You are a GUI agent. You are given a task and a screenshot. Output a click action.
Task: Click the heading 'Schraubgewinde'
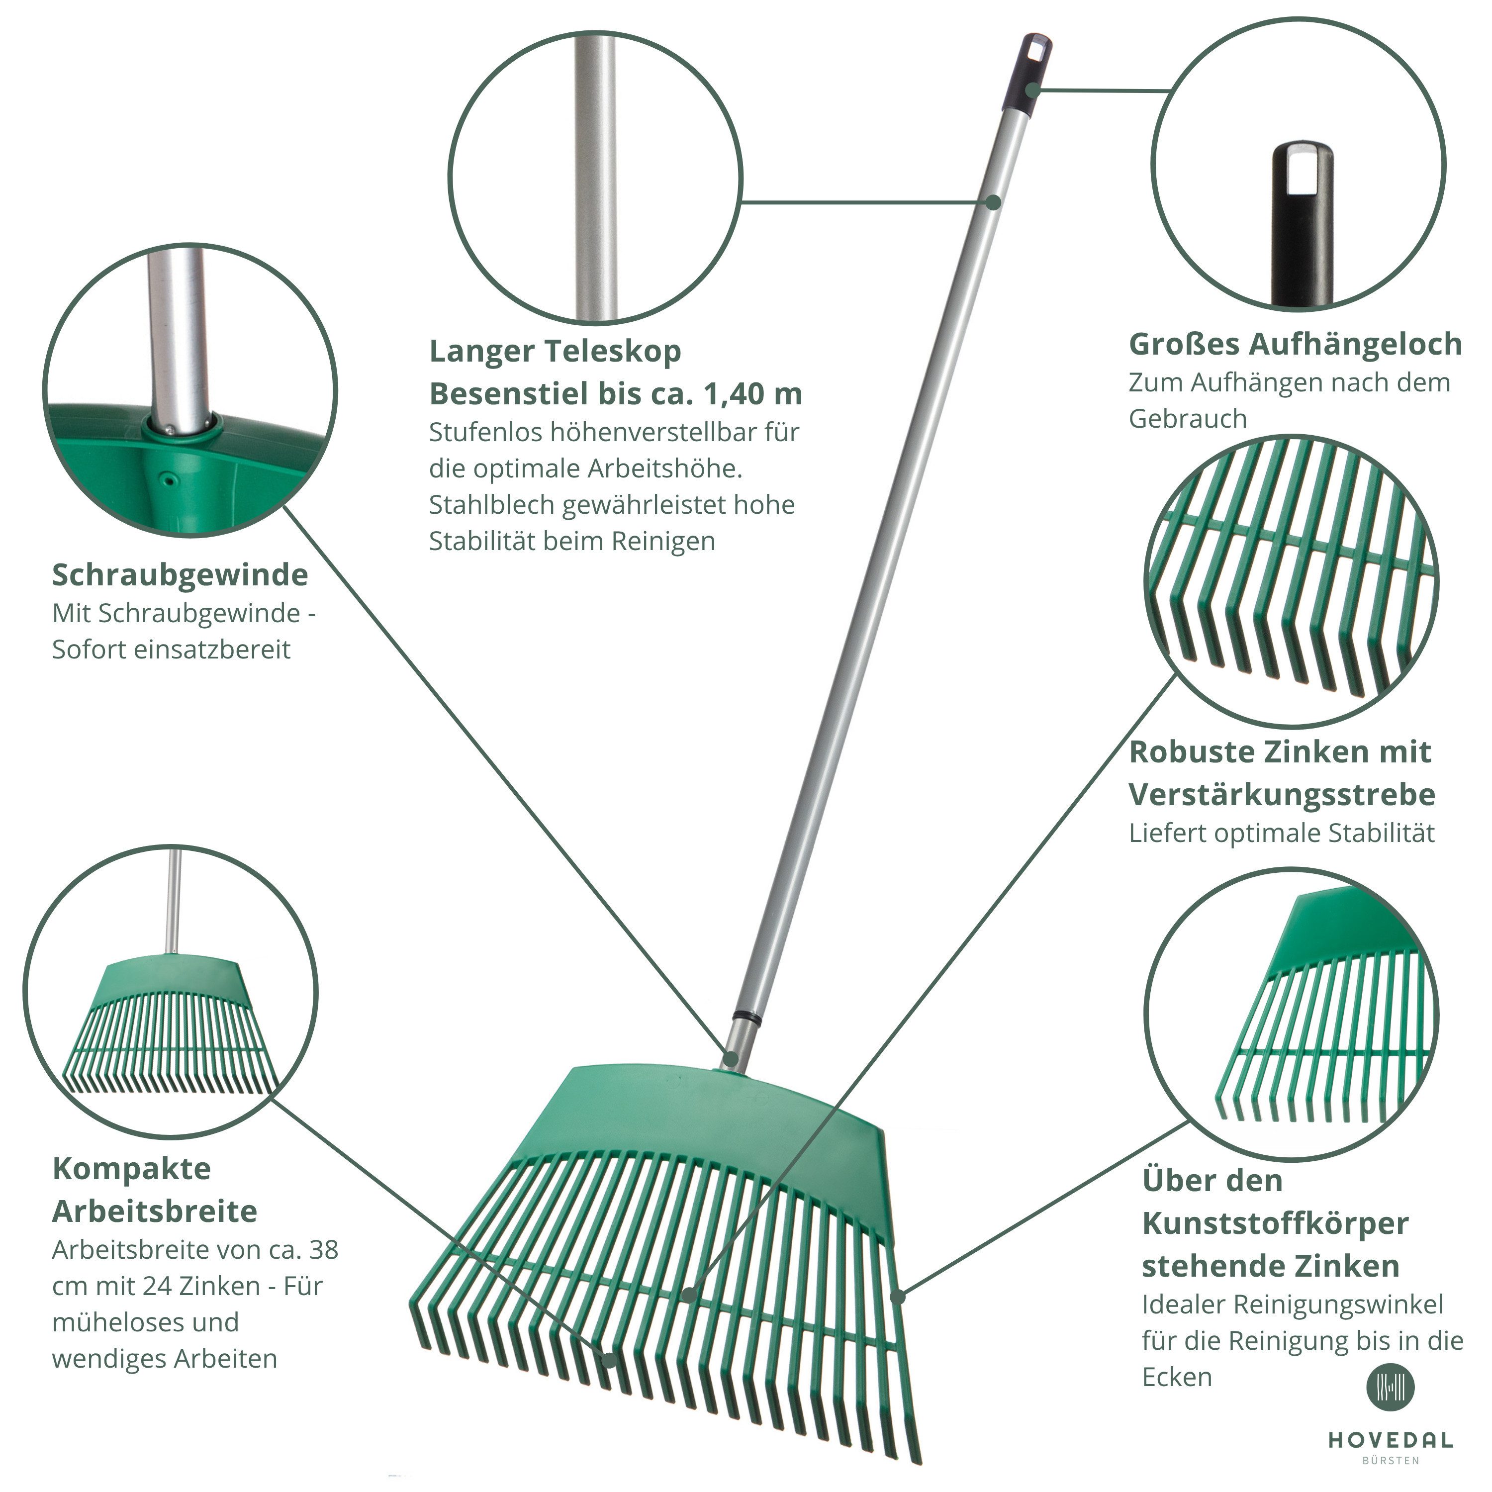[180, 576]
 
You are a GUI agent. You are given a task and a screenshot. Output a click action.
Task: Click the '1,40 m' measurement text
[753, 394]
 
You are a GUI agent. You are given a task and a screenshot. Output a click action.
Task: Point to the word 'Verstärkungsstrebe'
[1282, 795]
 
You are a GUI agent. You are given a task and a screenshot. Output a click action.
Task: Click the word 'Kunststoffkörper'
[1276, 1224]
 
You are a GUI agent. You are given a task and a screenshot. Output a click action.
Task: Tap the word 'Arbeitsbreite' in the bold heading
[155, 1212]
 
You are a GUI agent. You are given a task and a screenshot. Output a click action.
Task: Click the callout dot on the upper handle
[994, 202]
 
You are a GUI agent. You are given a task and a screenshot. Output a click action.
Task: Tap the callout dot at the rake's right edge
[897, 1298]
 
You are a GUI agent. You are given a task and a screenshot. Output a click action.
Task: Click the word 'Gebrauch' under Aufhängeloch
[1188, 419]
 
